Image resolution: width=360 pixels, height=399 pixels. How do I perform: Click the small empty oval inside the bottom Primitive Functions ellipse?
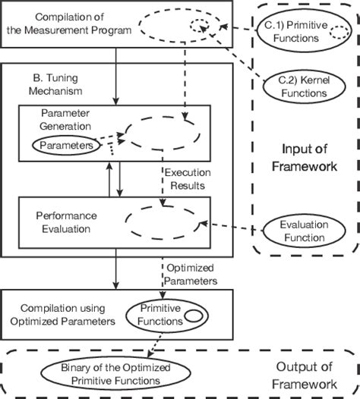coord(194,315)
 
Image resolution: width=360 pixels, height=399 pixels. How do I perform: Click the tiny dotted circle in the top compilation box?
coord(200,27)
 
